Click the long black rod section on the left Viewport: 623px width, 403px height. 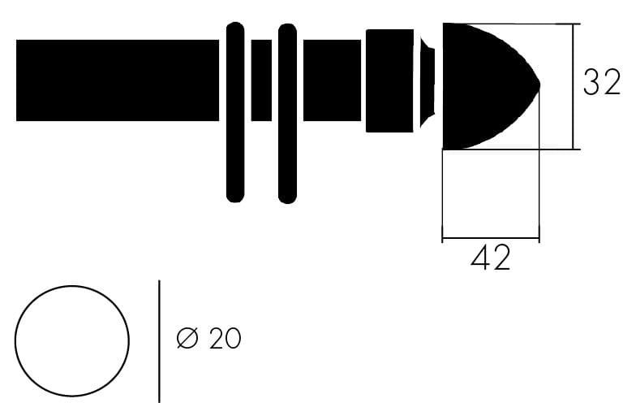117,80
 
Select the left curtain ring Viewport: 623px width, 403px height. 235,112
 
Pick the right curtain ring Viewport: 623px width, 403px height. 287,114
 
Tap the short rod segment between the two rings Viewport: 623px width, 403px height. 261,80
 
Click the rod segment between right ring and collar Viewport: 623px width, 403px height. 332,80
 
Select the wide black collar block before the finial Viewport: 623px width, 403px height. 389,80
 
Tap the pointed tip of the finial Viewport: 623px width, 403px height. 539,84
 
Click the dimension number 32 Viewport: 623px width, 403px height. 602,82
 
